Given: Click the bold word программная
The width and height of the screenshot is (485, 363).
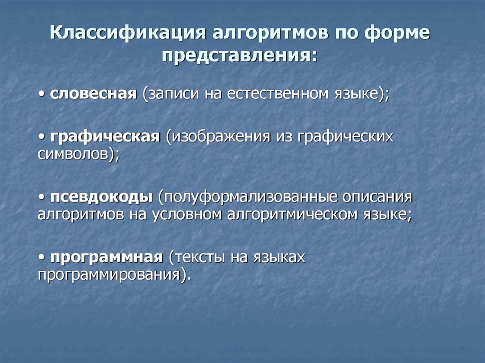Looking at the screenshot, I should [107, 258].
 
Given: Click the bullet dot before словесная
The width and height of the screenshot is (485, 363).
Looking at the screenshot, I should [42, 94].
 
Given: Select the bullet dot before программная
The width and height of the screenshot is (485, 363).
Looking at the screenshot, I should [42, 258].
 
